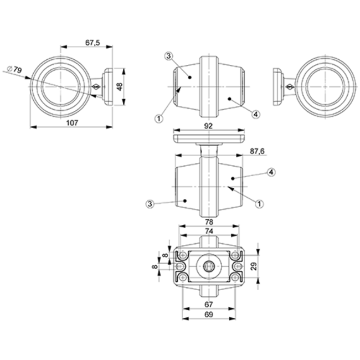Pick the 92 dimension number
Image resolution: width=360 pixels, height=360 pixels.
point(209,126)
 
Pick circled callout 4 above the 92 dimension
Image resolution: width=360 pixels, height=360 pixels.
point(255,114)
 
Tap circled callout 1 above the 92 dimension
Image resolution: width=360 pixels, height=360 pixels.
point(159,117)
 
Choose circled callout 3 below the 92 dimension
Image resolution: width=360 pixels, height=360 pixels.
point(150,203)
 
